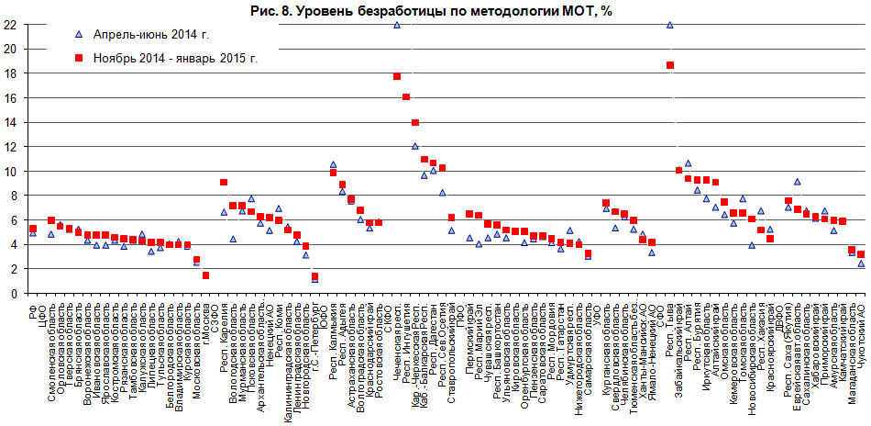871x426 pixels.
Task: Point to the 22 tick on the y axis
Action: [x=10, y=25]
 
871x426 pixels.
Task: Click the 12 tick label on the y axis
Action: [x=10, y=147]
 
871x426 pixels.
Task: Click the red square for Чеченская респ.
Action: [x=397, y=76]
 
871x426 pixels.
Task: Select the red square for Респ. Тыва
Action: [x=670, y=65]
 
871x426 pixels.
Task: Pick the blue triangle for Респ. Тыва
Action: [x=670, y=25]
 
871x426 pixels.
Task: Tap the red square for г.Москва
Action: [x=206, y=275]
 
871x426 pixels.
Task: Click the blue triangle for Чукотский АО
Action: [x=861, y=263]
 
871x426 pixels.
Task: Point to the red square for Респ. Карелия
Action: [x=224, y=183]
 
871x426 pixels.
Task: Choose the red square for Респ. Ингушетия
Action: [x=406, y=97]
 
